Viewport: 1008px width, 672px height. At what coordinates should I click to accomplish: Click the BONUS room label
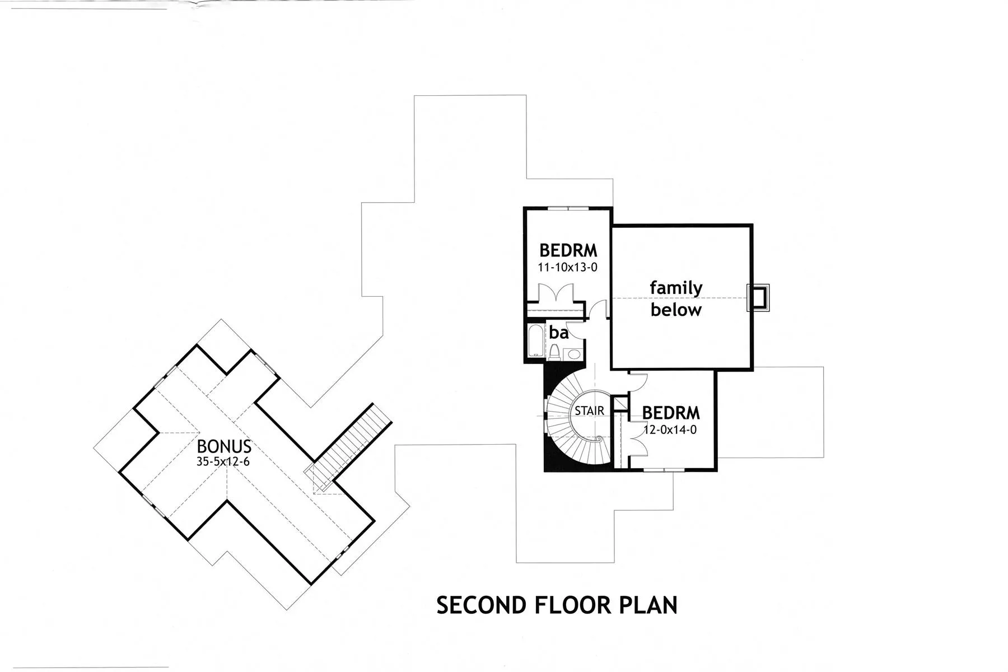point(224,446)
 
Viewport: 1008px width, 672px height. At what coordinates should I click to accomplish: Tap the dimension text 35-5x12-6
point(223,462)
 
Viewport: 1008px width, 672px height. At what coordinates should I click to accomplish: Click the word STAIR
point(590,410)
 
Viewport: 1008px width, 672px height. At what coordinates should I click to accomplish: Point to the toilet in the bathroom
point(554,351)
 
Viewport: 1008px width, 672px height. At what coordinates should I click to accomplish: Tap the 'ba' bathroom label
point(559,333)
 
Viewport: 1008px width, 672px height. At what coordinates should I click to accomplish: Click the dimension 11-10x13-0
point(567,267)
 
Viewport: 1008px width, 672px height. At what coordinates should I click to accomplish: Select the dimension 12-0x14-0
point(670,430)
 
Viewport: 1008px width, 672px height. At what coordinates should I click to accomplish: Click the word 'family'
point(676,288)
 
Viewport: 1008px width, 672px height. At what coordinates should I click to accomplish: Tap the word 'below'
point(676,310)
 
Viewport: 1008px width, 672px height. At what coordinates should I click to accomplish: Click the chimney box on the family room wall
point(758,297)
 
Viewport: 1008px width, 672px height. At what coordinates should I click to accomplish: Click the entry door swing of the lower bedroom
point(638,382)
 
